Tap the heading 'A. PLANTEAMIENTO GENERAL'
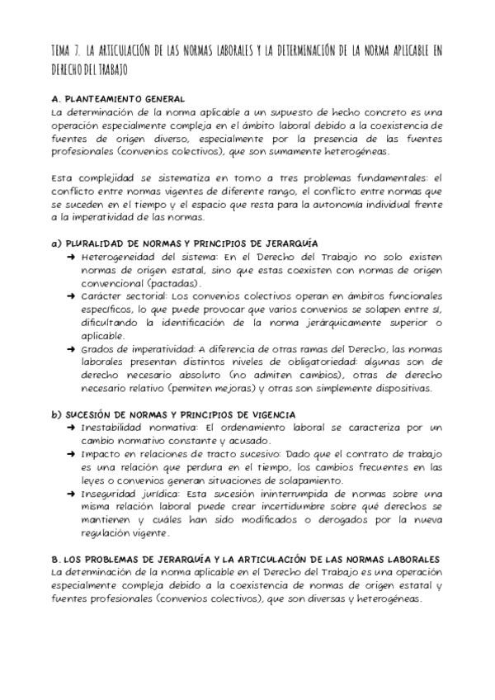(x=118, y=99)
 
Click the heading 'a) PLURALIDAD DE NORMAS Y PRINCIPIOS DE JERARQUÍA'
(x=184, y=244)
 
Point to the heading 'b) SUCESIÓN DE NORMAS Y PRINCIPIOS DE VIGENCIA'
(x=179, y=414)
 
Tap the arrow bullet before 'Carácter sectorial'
(x=73, y=295)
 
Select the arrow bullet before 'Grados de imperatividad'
(x=73, y=350)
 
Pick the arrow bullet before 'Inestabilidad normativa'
(x=73, y=427)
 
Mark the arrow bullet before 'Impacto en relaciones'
(x=73, y=455)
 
